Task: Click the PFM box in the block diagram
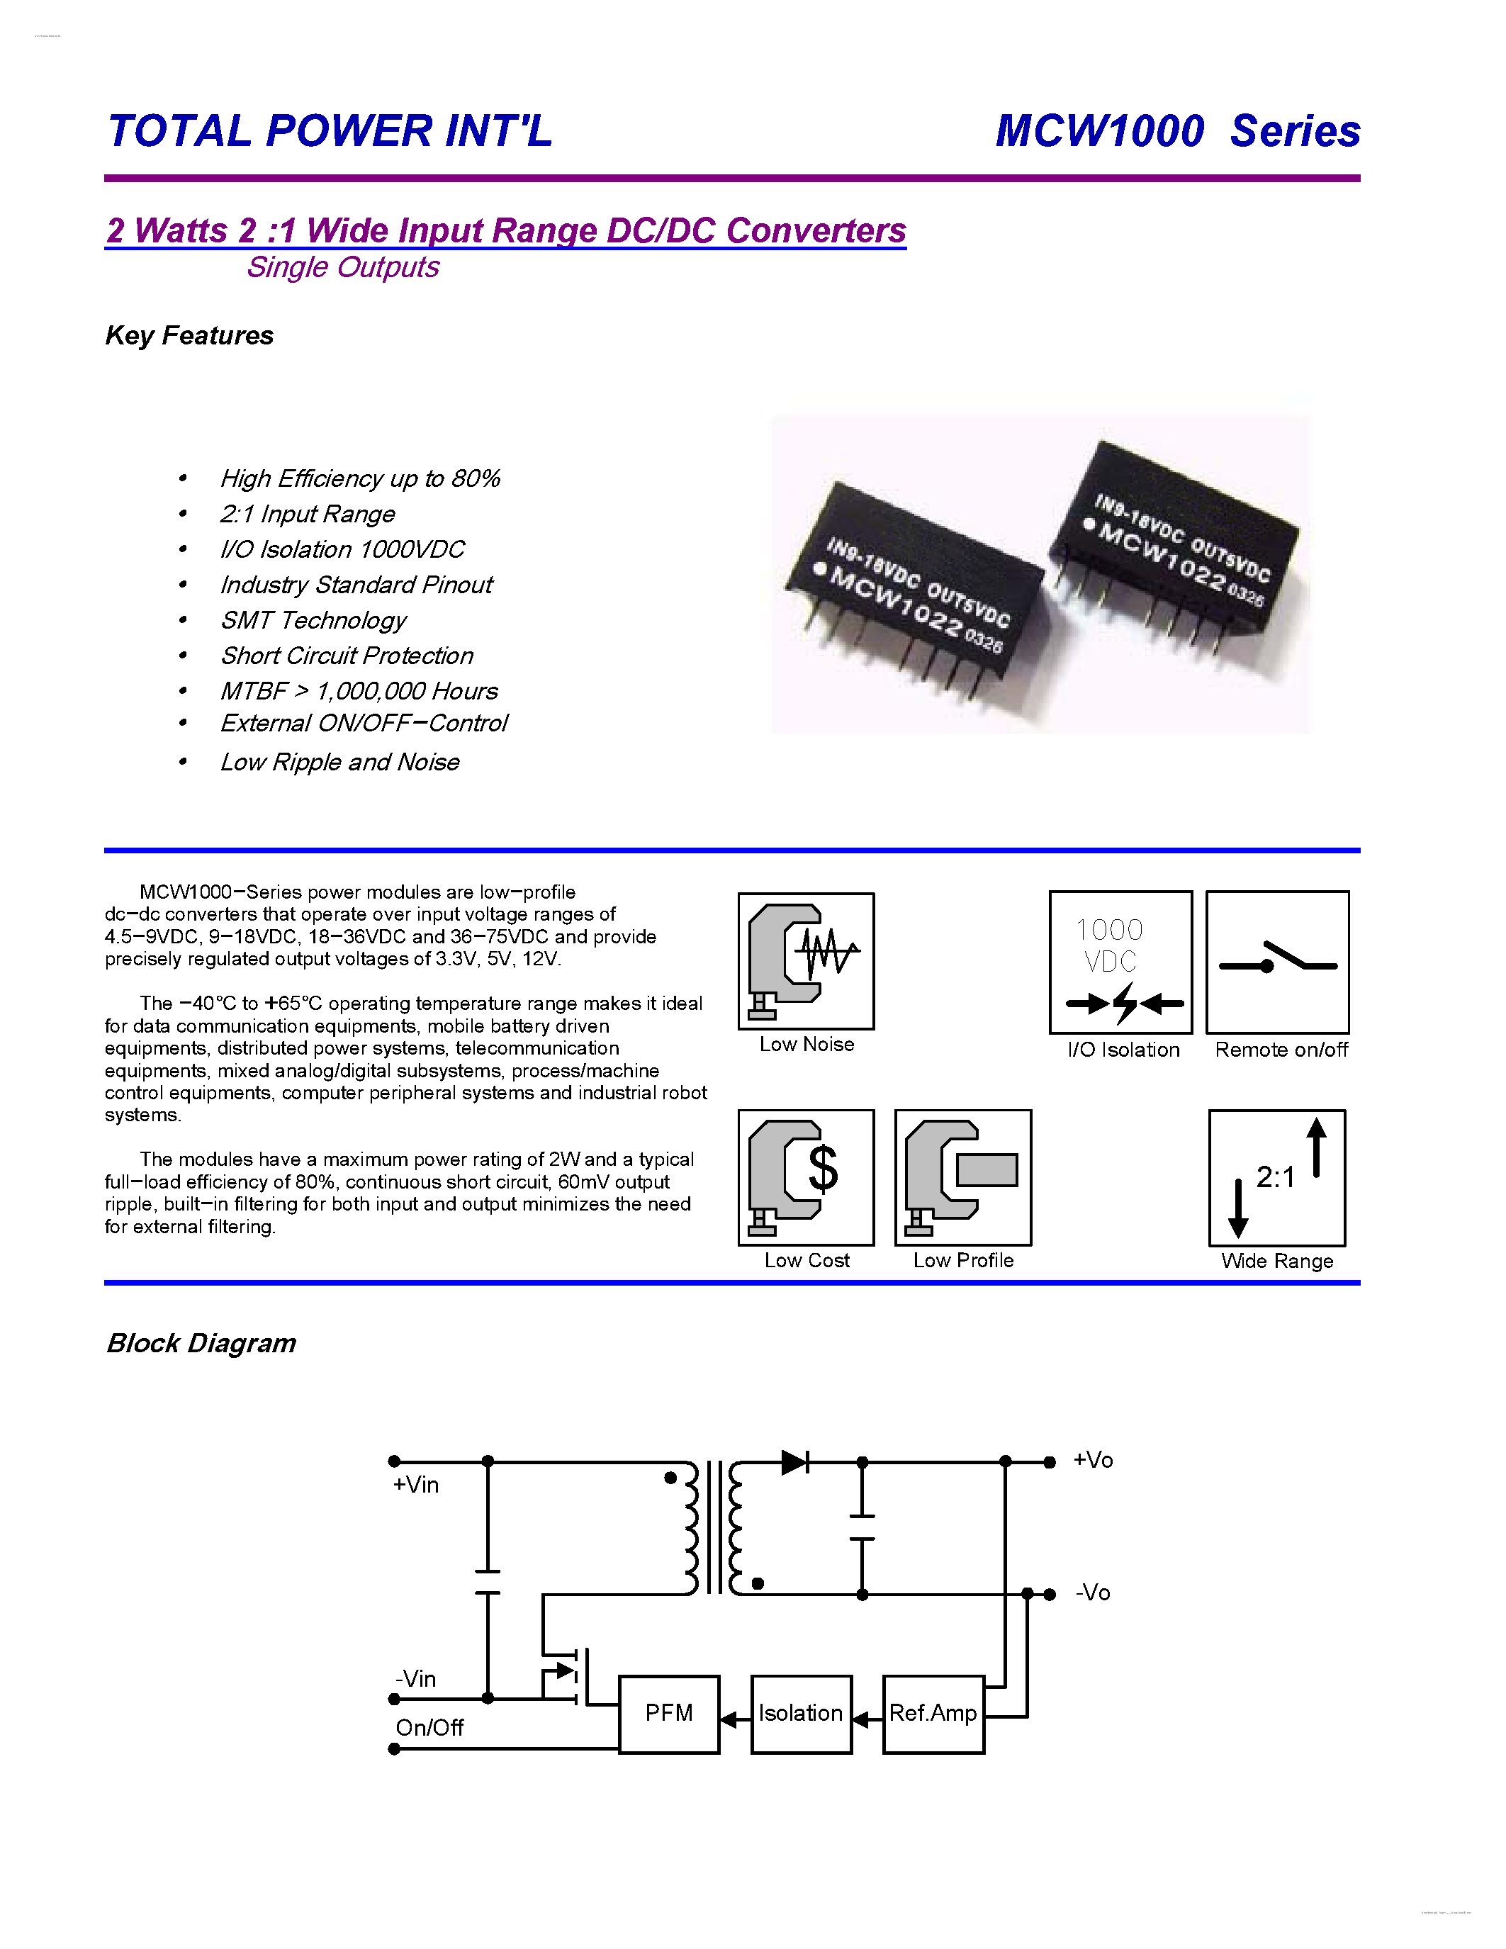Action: click(x=668, y=1714)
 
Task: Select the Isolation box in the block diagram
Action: click(x=800, y=1714)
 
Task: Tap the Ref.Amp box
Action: click(x=933, y=1714)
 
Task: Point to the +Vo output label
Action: click(x=1093, y=1461)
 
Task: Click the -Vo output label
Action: click(x=1093, y=1593)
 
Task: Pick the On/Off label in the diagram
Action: click(x=429, y=1728)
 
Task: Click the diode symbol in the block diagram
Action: click(x=794, y=1461)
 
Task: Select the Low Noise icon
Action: click(x=806, y=961)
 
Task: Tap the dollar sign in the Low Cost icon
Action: click(x=823, y=1169)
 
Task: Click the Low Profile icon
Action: click(x=962, y=1178)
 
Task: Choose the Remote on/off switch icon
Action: click(x=1276, y=962)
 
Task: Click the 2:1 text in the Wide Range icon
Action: click(x=1275, y=1178)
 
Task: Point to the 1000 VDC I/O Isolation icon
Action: click(x=1120, y=962)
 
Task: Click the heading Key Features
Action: click(x=189, y=335)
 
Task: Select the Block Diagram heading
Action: click(x=201, y=1343)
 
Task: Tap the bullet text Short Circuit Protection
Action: click(x=347, y=656)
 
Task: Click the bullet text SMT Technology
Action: click(x=313, y=620)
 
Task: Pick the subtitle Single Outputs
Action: click(x=342, y=266)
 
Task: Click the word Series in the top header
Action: click(x=1295, y=131)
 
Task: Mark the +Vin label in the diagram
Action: click(x=416, y=1485)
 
